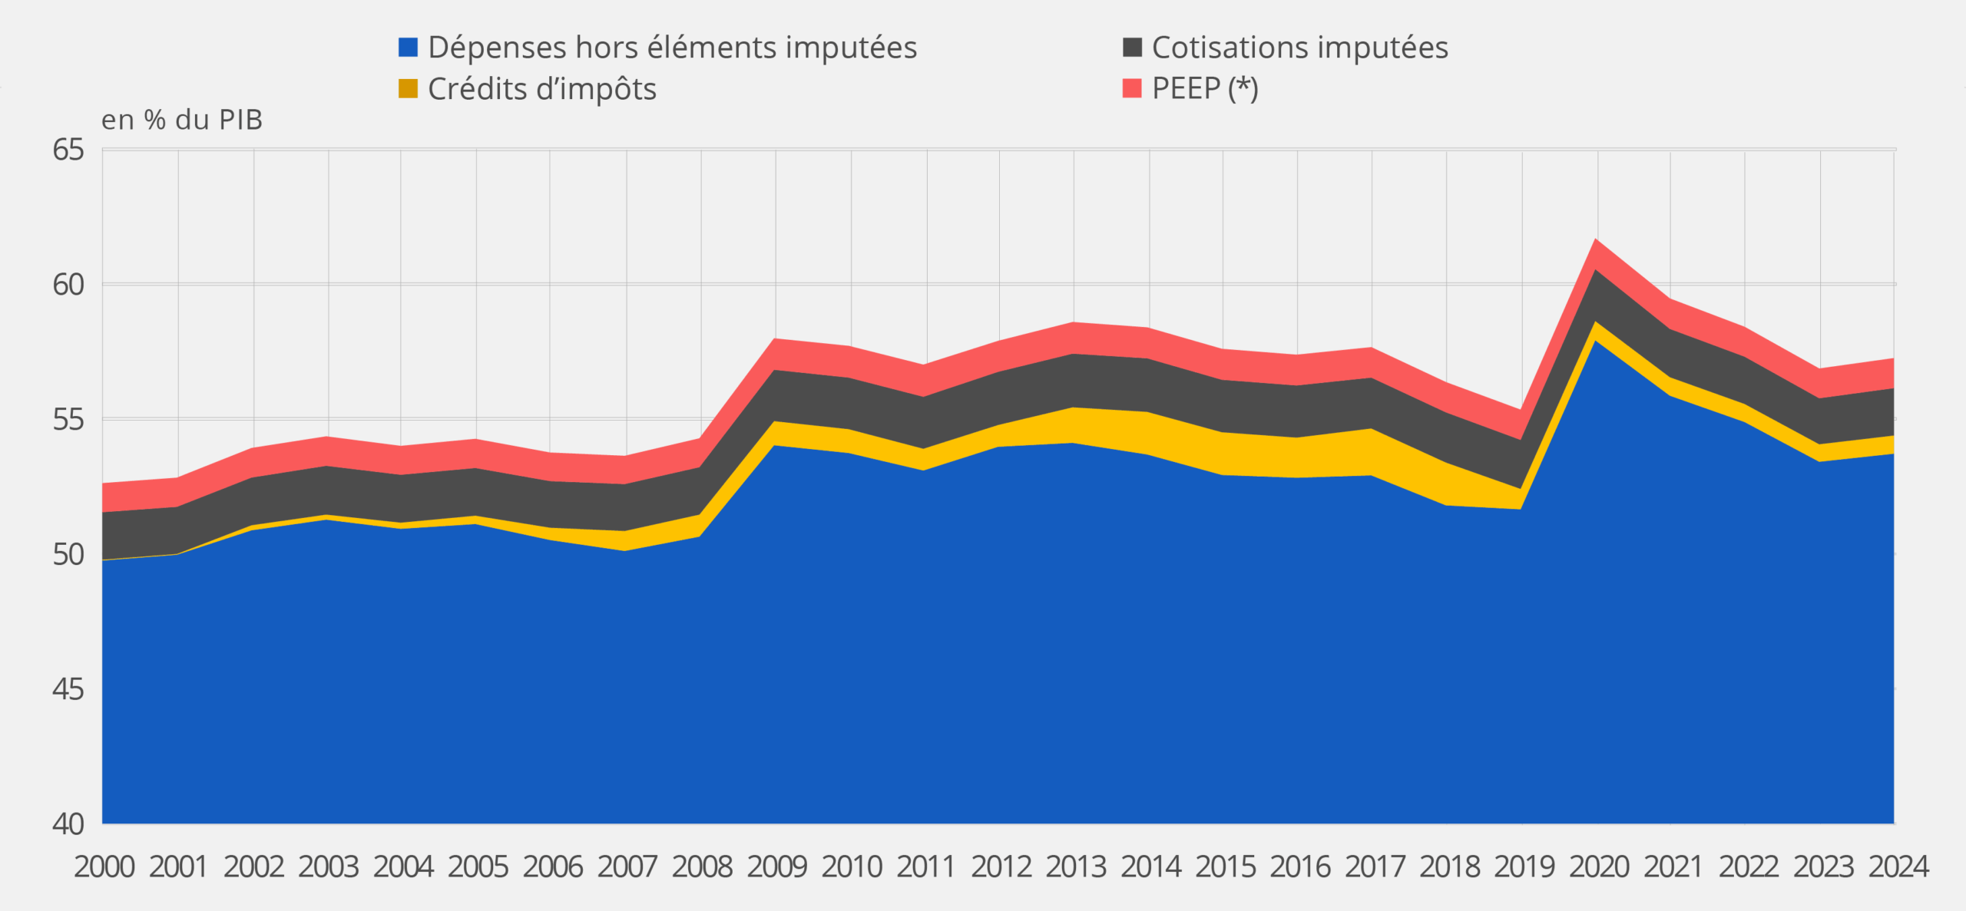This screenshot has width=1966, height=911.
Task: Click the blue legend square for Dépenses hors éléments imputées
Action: coord(408,48)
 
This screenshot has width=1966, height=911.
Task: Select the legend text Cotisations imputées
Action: coord(1299,48)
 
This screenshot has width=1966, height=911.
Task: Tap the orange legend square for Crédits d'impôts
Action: coord(408,89)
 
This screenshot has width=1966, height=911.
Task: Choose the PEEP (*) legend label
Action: coord(1204,89)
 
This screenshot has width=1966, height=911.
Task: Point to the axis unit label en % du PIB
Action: coord(182,120)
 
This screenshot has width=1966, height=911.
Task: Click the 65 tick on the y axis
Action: coord(68,150)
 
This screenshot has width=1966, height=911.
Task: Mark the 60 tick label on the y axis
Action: coord(68,285)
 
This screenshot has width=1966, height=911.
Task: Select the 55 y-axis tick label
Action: coord(68,420)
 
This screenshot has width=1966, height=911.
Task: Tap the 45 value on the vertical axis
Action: coord(68,689)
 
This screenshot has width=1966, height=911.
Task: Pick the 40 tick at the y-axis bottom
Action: coord(68,824)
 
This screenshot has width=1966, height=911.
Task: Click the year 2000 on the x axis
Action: coord(104,866)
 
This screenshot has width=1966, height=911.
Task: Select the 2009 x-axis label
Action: coord(776,866)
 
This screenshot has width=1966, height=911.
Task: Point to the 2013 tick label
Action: coord(1075,866)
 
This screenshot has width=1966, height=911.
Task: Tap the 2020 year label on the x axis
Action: coord(1598,866)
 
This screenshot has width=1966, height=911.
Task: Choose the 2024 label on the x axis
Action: coord(1898,866)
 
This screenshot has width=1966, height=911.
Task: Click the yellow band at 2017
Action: coord(1372,453)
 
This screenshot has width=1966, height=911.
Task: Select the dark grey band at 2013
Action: coord(1074,381)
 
